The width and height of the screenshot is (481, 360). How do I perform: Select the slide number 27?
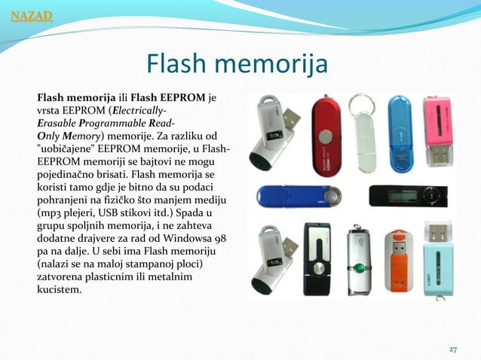click(452, 349)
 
